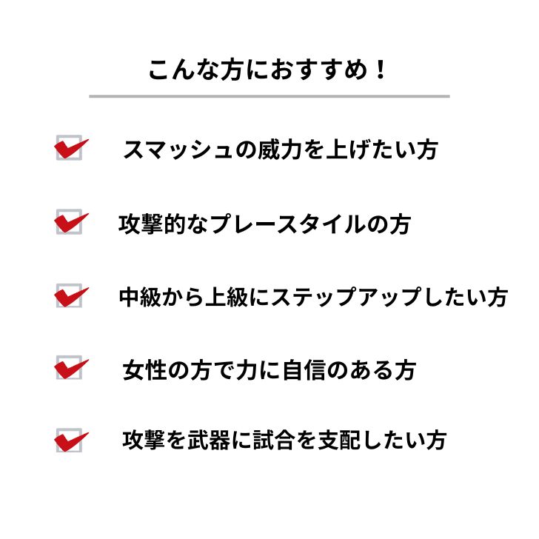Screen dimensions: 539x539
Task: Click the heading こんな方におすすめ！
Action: [267, 70]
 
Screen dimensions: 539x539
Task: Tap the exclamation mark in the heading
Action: [381, 69]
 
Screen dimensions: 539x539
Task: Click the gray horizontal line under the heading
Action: [269, 96]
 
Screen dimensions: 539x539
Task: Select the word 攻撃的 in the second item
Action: [153, 224]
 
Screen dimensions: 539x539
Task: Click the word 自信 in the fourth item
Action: [304, 370]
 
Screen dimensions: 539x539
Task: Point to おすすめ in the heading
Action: [319, 70]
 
